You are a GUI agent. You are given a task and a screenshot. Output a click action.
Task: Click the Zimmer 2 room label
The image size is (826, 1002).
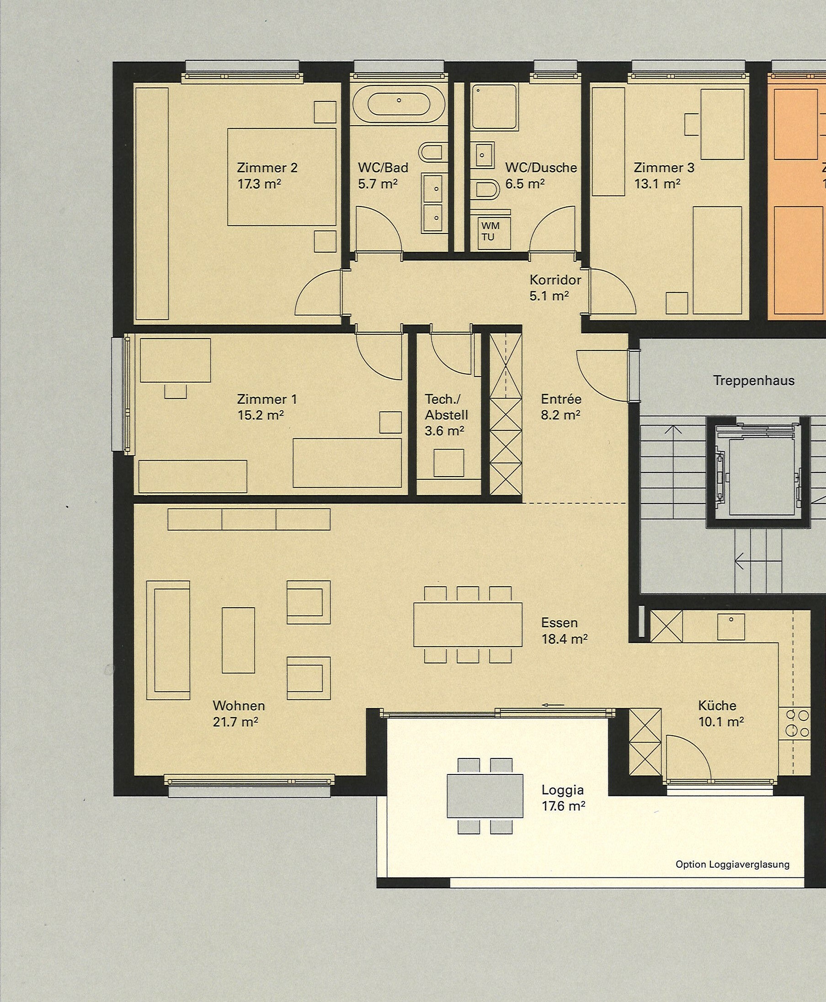point(267,168)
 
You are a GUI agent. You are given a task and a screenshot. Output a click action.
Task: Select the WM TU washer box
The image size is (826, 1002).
point(490,232)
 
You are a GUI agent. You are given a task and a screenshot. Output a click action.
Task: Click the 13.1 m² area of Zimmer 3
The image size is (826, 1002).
point(657,184)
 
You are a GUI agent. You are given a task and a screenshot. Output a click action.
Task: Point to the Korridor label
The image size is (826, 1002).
point(555,280)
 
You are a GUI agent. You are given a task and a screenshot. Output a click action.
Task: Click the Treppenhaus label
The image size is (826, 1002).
point(754,381)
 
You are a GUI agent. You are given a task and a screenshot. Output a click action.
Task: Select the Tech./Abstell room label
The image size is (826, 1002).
point(446,407)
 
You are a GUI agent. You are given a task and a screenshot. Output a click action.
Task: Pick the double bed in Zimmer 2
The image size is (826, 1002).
point(282,177)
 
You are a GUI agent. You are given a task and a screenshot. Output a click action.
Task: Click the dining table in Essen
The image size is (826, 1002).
point(468,625)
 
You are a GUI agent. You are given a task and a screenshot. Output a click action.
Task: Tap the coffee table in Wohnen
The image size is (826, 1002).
point(238,640)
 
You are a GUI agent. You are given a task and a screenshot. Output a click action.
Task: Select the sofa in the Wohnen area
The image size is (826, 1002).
point(168,640)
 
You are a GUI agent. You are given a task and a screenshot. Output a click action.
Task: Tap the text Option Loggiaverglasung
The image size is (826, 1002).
point(732,864)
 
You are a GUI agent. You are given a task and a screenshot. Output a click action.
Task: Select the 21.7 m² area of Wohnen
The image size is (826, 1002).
point(235,722)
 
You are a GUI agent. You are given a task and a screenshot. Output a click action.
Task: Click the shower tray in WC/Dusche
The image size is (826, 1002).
point(494,107)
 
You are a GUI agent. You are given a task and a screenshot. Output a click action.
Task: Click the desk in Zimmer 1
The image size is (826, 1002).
point(175,360)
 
